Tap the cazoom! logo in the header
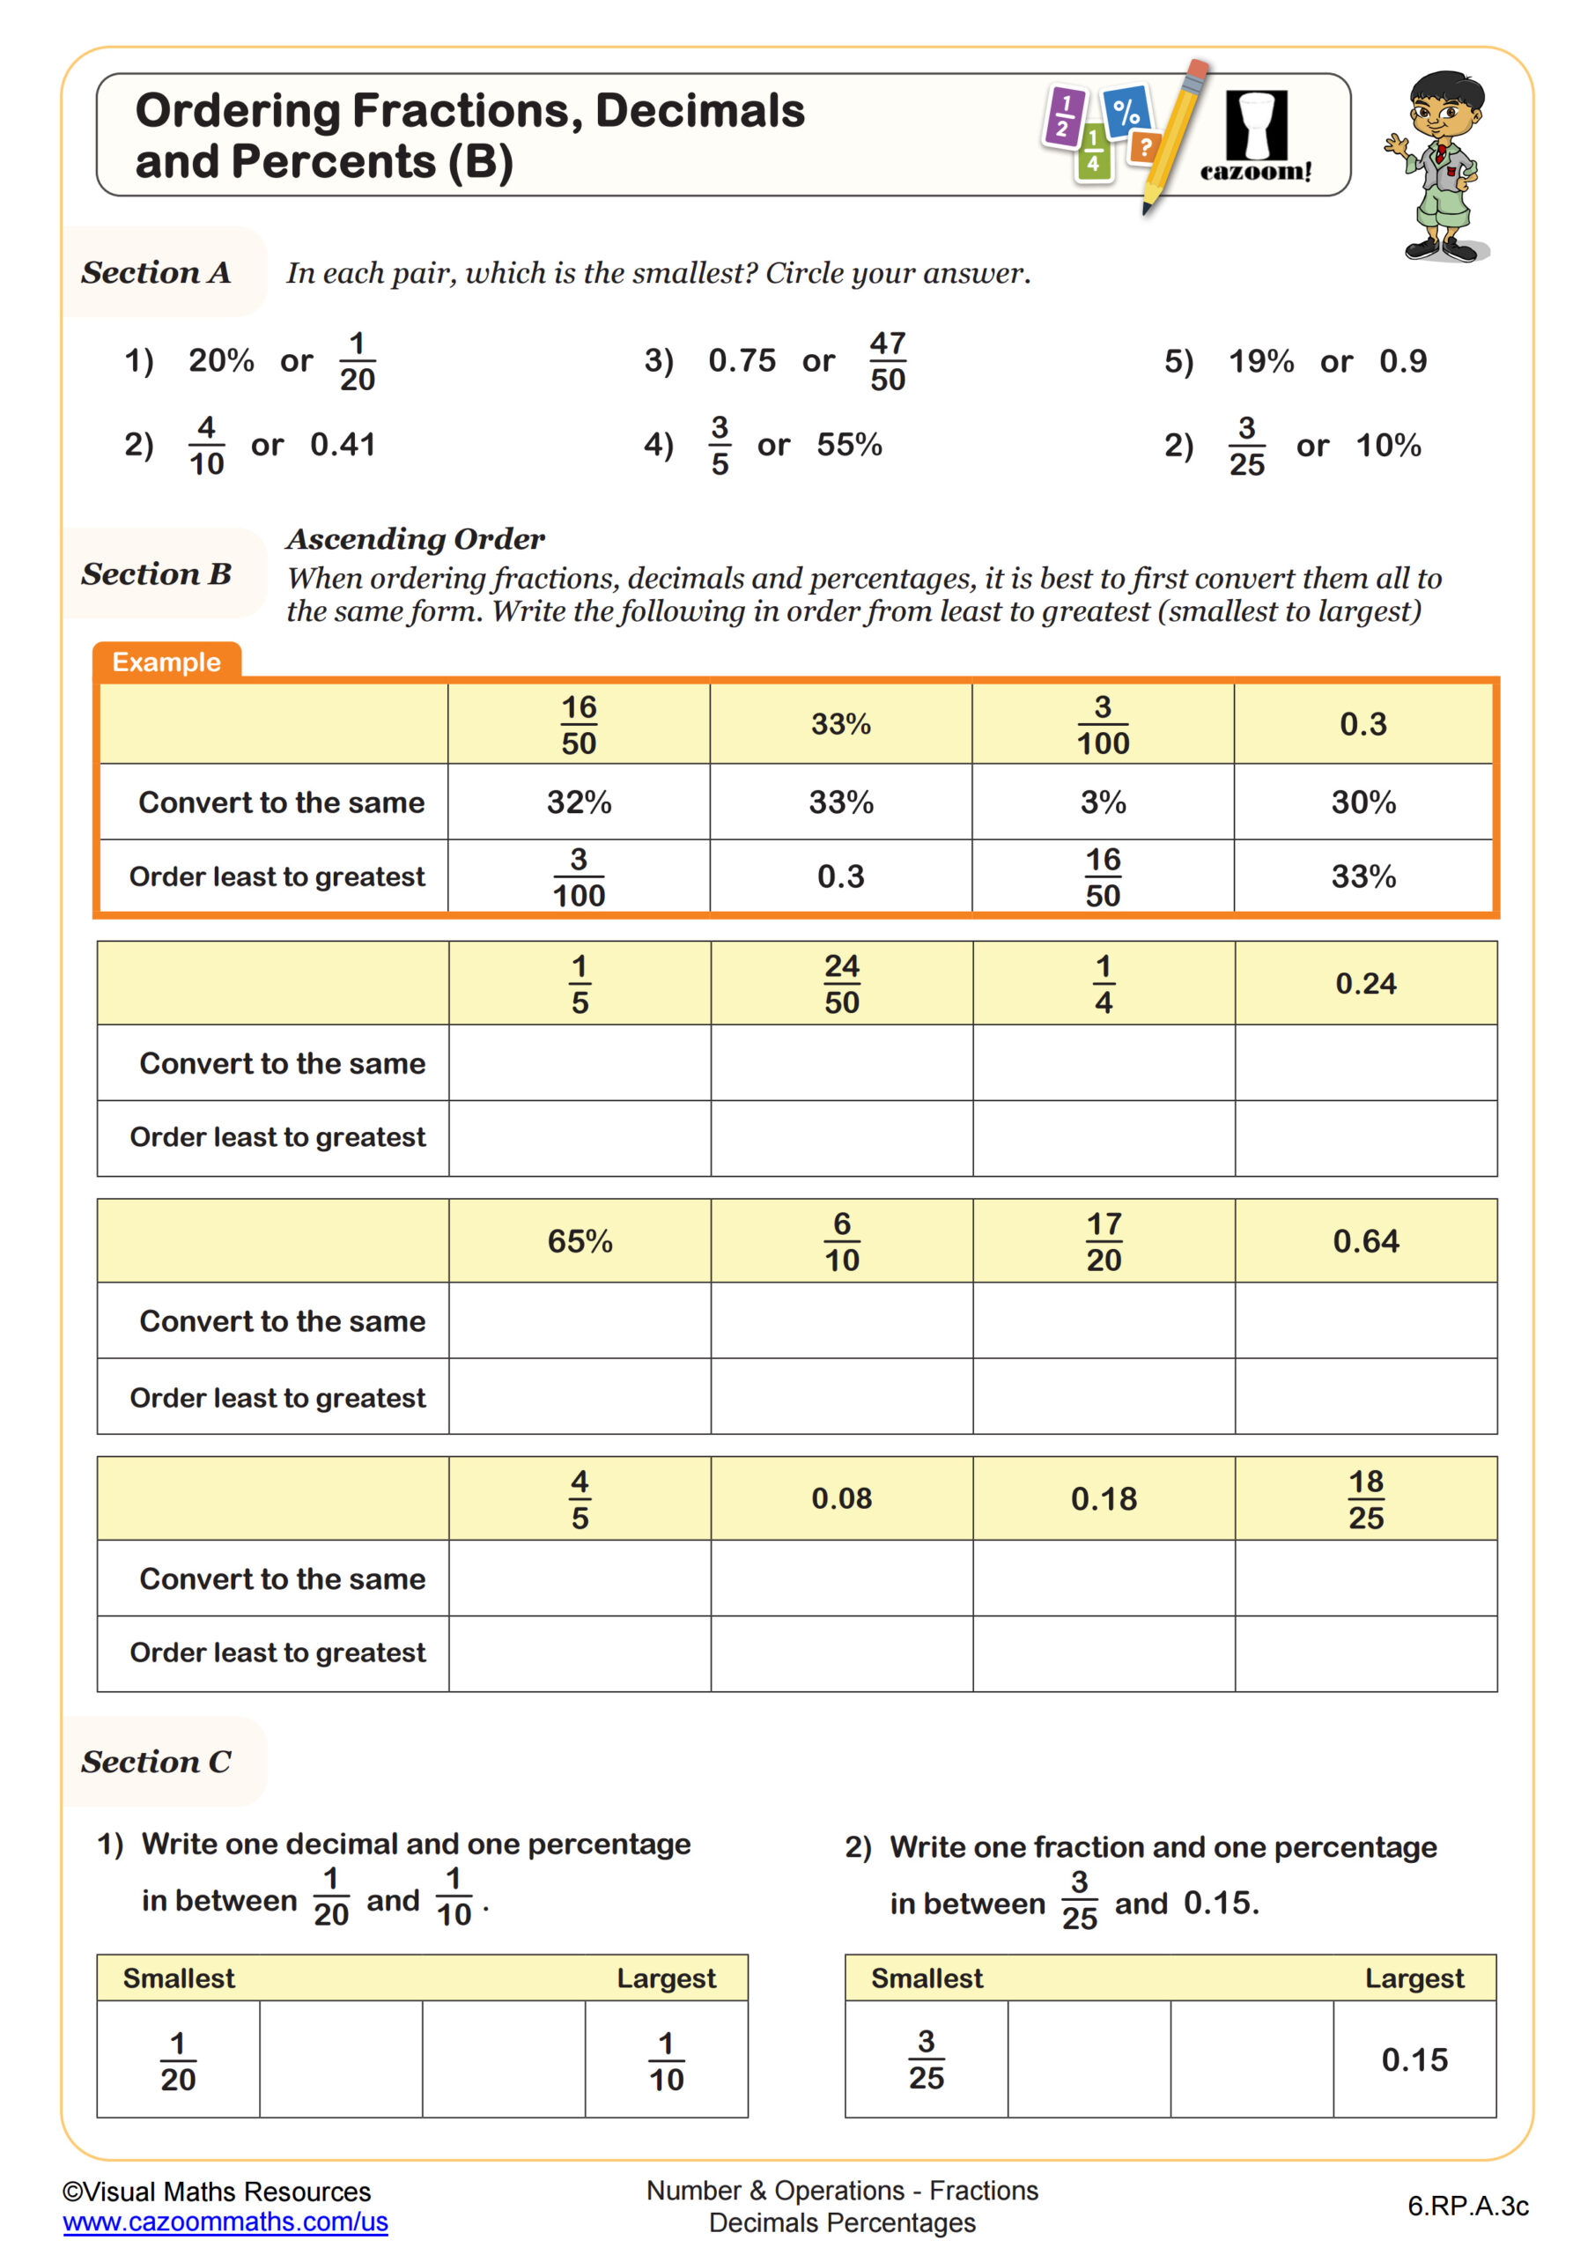[1256, 137]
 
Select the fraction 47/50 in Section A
[887, 361]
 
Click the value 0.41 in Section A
[343, 445]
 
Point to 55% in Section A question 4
[848, 445]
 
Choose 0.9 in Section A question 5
[1402, 361]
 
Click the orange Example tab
[166, 662]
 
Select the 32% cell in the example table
[579, 802]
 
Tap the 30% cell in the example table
[1363, 802]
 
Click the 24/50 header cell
[842, 984]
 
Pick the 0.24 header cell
[1365, 983]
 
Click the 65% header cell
[580, 1241]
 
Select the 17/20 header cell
[1104, 1241]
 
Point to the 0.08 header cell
[842, 1498]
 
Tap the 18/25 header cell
[1365, 1498]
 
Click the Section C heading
[156, 1762]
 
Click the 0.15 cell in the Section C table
[1414, 2059]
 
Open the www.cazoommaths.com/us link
[225, 2222]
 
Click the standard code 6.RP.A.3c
[1467, 2206]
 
